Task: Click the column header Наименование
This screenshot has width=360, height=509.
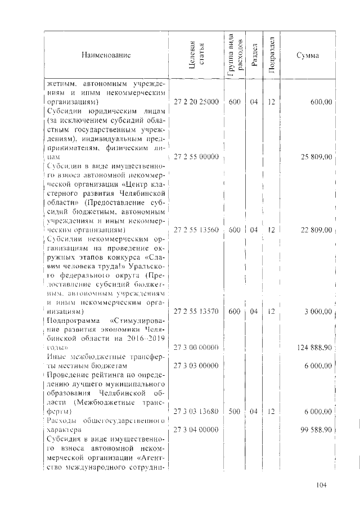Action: (106, 56)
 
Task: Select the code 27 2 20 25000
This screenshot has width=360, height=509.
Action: (196, 102)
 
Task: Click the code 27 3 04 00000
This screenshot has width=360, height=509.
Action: (196, 430)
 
